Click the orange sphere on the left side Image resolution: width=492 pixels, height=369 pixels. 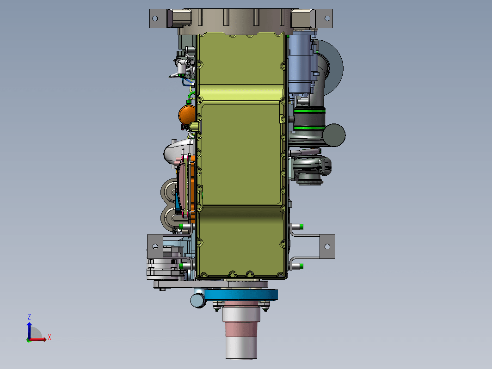(x=187, y=115)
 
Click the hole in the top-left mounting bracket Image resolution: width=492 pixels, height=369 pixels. (x=155, y=18)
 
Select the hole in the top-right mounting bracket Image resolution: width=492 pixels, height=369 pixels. (x=327, y=18)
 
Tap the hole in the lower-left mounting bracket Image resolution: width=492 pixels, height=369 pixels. (x=155, y=246)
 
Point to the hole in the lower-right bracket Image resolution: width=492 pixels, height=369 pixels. (x=327, y=246)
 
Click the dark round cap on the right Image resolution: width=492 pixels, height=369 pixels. (x=334, y=135)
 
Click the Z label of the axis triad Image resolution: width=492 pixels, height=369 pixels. (x=29, y=317)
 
